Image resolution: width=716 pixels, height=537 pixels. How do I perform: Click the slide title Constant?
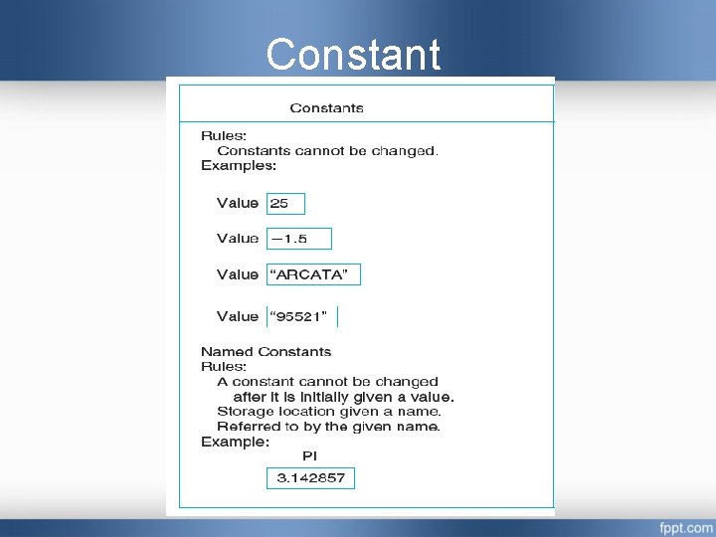point(353,55)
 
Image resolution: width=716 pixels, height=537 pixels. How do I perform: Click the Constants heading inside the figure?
point(326,107)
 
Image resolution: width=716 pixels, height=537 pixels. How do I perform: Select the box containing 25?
point(285,203)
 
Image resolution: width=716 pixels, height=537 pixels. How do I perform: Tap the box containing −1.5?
point(298,239)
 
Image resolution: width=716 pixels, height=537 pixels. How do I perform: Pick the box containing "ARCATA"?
point(313,274)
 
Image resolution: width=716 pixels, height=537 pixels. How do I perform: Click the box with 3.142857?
point(310,478)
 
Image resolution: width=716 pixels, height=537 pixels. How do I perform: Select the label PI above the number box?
point(309,455)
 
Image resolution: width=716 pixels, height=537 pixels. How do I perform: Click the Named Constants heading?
point(266,351)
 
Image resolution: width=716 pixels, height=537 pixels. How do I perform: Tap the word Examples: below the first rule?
point(239,166)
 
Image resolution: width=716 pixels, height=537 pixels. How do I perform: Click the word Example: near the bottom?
point(235,442)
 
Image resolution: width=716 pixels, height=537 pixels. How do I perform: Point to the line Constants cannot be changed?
point(327,151)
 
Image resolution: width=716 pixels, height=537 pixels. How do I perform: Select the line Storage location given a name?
point(329,411)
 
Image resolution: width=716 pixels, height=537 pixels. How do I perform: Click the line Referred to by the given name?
point(328,427)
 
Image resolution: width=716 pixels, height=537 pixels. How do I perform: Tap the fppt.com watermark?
point(685,526)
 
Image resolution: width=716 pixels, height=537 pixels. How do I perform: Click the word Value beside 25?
point(238,203)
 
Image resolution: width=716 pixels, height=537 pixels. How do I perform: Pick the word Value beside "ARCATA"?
point(238,274)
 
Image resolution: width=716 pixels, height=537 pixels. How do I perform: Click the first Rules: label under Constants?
point(224,135)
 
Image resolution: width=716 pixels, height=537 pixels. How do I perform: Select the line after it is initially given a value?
point(343,396)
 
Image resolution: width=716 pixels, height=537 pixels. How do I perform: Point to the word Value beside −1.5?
point(238,239)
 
